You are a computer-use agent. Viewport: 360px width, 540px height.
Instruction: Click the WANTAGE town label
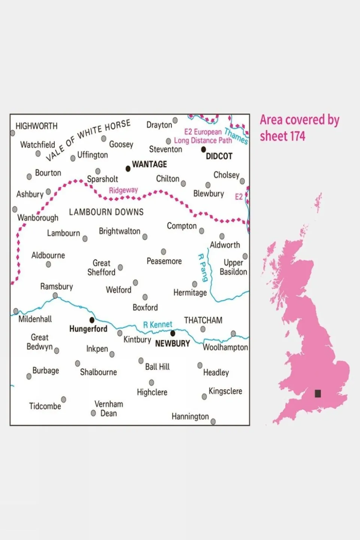[x=149, y=164]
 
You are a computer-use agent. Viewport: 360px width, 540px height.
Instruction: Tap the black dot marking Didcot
[x=203, y=149]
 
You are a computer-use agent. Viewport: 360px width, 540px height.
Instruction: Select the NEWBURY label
[x=172, y=344]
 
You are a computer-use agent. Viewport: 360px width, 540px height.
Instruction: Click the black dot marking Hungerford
[x=92, y=320]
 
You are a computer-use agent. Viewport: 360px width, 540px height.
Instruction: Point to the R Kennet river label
[x=158, y=325]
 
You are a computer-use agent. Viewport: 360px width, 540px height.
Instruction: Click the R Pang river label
[x=203, y=268]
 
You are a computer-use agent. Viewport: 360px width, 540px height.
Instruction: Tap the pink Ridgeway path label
[x=123, y=190]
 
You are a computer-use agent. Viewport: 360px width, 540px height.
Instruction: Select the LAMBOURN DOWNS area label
[x=106, y=212]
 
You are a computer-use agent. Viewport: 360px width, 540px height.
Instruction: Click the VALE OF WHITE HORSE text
[x=88, y=140]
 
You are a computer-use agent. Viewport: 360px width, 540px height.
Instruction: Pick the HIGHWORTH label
[x=36, y=126]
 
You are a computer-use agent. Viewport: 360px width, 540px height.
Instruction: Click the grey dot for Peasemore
[x=163, y=251]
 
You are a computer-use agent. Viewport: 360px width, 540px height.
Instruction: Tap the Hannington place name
[x=190, y=417]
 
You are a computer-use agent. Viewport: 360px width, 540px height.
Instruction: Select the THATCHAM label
[x=203, y=320]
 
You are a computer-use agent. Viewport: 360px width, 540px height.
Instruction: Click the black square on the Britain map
[x=318, y=393]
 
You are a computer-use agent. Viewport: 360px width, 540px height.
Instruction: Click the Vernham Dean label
[x=108, y=409]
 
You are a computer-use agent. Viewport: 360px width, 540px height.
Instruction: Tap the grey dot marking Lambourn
[x=85, y=239]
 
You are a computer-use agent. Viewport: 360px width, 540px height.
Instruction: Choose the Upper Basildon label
[x=233, y=267]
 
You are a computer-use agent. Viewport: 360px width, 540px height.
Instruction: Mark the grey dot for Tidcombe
[x=63, y=399]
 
